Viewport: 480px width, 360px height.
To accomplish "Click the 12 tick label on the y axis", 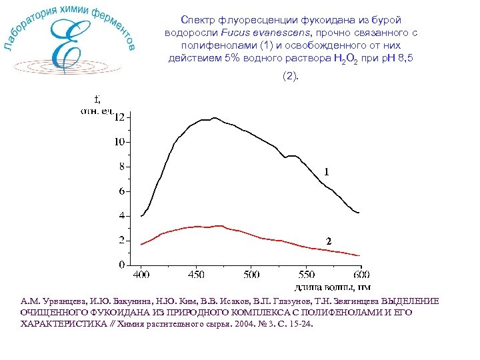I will click(x=119, y=117).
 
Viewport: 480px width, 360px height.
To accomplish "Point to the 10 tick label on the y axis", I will click(x=119, y=142).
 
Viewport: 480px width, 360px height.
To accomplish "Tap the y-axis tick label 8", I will click(x=121, y=167).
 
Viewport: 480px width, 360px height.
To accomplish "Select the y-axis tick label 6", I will click(x=121, y=191).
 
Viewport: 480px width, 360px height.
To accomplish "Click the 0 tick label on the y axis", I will click(x=121, y=265).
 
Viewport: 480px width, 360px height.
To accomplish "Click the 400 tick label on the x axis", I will click(x=141, y=275).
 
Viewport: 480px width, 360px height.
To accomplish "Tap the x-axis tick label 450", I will click(x=196, y=275).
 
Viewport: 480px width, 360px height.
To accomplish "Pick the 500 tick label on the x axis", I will click(x=251, y=275).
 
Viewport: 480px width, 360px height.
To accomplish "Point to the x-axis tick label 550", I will click(x=306, y=275).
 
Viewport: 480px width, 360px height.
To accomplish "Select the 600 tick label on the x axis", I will click(x=361, y=275).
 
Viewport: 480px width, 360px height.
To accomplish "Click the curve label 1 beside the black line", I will click(x=326, y=172).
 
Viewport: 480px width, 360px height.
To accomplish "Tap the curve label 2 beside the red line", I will click(x=328, y=241).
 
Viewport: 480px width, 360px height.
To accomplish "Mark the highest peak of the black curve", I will click(x=214, y=118).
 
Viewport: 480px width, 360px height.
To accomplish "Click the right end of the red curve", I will click(x=360, y=255).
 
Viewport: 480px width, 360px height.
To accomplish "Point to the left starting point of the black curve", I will click(x=141, y=216).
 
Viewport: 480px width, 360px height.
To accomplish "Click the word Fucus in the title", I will click(x=225, y=32).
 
